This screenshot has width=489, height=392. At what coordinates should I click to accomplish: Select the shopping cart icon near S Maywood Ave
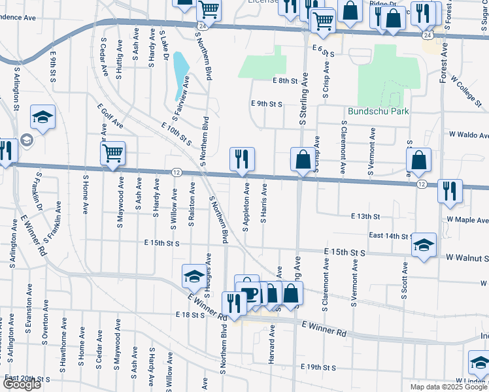click(112, 154)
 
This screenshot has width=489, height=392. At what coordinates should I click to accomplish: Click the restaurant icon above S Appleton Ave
click(242, 159)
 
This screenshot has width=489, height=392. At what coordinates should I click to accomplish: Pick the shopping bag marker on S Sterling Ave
click(303, 159)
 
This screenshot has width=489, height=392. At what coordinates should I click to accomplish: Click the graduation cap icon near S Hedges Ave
click(194, 276)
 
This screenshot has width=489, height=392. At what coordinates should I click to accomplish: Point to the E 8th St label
click(285, 80)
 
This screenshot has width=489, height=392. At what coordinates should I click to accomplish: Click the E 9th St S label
click(267, 104)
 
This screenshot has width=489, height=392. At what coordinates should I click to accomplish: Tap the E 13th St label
click(365, 216)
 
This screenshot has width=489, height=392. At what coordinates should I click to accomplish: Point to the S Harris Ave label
click(264, 203)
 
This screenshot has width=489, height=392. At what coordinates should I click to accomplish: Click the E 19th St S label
click(318, 368)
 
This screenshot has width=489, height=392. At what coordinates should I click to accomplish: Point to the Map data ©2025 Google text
click(448, 387)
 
